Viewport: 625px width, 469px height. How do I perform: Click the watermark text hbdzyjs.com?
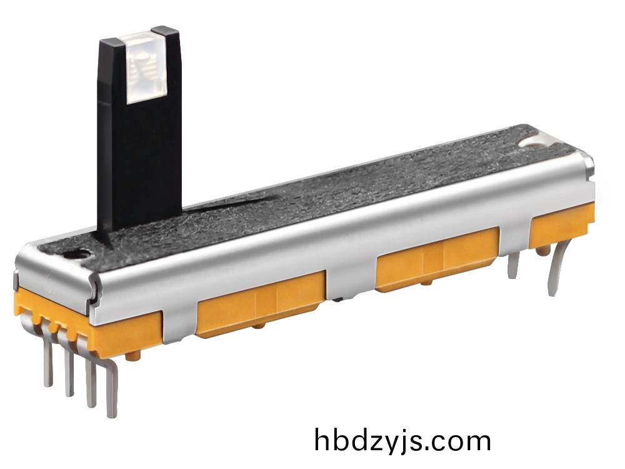[x=402, y=441]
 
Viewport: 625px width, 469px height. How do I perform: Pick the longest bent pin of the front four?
[x=112, y=387]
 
